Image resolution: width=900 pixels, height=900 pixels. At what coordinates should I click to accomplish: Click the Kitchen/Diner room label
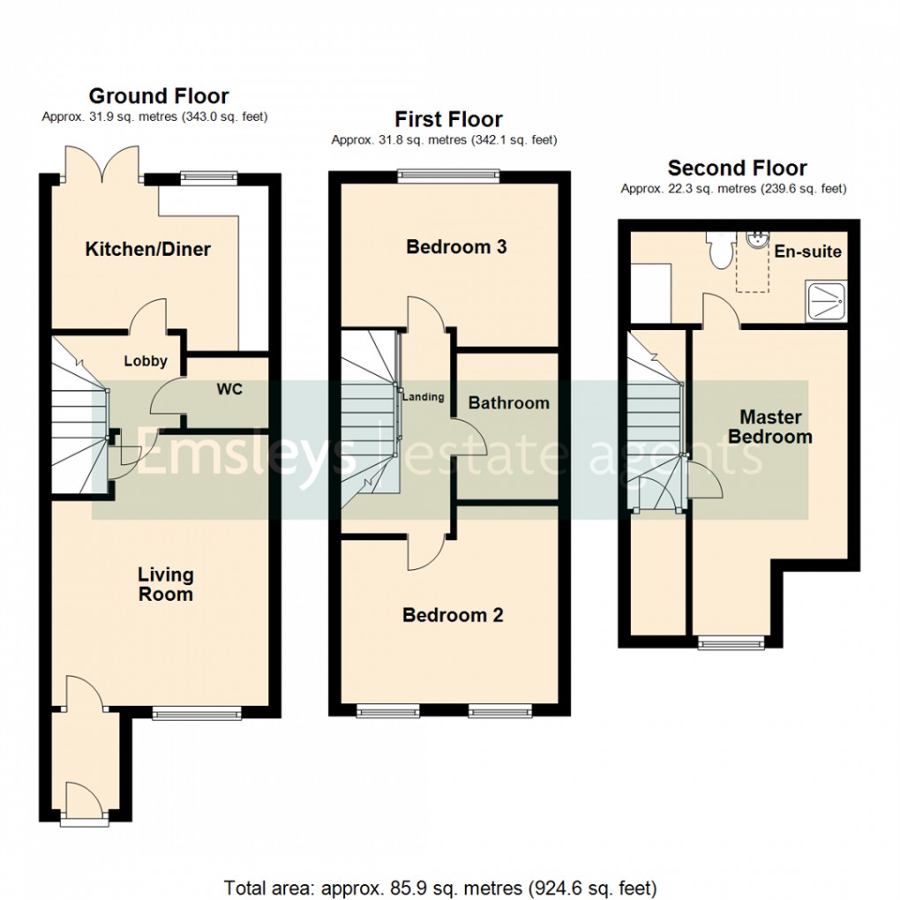pyautogui.click(x=147, y=250)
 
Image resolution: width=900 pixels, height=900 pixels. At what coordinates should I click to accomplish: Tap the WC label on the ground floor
pyautogui.click(x=229, y=389)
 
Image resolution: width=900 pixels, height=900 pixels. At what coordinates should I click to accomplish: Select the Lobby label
pyautogui.click(x=145, y=361)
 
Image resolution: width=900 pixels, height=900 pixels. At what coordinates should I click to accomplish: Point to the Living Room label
pyautogui.click(x=165, y=584)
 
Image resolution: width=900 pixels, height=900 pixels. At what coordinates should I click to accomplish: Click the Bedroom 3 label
pyautogui.click(x=456, y=247)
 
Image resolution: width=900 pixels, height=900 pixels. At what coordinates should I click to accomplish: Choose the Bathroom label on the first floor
pyautogui.click(x=508, y=403)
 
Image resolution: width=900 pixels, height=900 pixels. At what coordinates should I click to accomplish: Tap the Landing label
pyautogui.click(x=424, y=397)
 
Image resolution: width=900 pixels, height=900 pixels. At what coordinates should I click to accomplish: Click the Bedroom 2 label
pyautogui.click(x=453, y=615)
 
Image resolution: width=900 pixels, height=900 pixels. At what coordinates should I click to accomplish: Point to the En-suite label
pyautogui.click(x=807, y=251)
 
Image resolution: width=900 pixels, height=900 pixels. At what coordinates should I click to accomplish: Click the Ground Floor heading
pyautogui.click(x=159, y=96)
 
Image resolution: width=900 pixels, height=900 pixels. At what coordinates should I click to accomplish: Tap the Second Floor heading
pyautogui.click(x=737, y=168)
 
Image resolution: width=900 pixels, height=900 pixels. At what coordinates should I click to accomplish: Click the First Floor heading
pyautogui.click(x=448, y=119)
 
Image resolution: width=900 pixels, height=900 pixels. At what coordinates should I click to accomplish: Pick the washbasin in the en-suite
pyautogui.click(x=756, y=242)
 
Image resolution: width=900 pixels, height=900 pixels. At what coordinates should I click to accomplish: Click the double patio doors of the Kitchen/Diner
pyautogui.click(x=103, y=165)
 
